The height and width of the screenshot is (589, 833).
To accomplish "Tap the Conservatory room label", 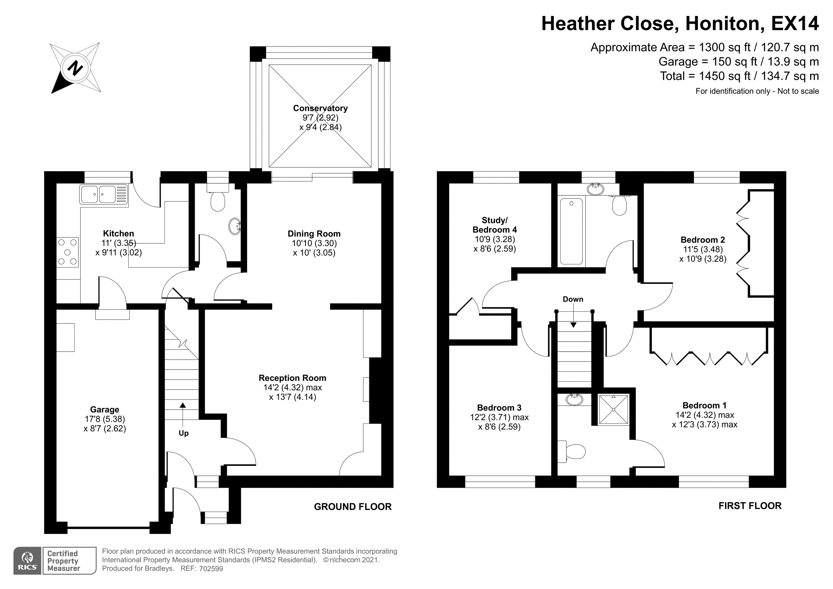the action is tap(320, 108).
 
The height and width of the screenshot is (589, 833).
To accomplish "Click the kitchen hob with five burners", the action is tap(68, 252).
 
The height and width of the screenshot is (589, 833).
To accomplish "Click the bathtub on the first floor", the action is tap(571, 231).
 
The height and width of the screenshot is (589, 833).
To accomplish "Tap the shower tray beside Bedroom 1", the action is tap(614, 409).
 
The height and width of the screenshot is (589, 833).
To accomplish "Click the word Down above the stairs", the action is tap(573, 300).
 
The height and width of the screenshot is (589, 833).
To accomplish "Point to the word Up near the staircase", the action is tap(184, 433).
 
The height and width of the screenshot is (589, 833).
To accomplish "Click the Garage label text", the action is tap(104, 410).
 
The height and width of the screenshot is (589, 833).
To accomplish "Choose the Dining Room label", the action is tap(314, 234).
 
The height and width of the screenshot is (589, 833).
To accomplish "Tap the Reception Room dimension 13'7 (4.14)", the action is tap(293, 397).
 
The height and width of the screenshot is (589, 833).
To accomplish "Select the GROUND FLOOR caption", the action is tap(353, 507).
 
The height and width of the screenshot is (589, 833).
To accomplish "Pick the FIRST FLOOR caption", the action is tap(750, 506).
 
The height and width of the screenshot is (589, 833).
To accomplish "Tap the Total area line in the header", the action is tap(739, 76).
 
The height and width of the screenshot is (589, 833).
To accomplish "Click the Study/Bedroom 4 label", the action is tap(495, 225).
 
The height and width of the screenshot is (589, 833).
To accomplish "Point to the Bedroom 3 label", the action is tap(499, 408).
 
